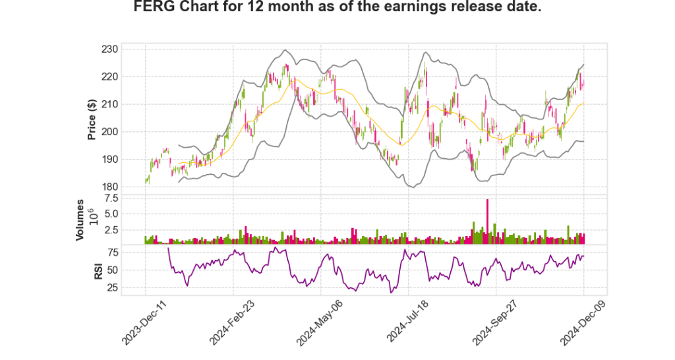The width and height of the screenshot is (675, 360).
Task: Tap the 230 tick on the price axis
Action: (110, 49)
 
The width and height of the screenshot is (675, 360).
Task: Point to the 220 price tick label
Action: (110, 76)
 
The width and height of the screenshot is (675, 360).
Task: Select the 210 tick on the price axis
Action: (110, 104)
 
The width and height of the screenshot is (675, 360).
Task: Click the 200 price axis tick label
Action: (110, 132)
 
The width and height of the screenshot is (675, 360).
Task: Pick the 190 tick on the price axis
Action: (110, 159)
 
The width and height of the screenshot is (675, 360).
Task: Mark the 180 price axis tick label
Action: (110, 187)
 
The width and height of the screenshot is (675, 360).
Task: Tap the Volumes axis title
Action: (80, 220)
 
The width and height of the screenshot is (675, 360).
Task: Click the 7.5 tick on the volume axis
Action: (111, 198)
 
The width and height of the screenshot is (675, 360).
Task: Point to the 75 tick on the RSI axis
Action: (112, 252)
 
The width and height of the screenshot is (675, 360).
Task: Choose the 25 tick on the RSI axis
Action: (112, 287)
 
